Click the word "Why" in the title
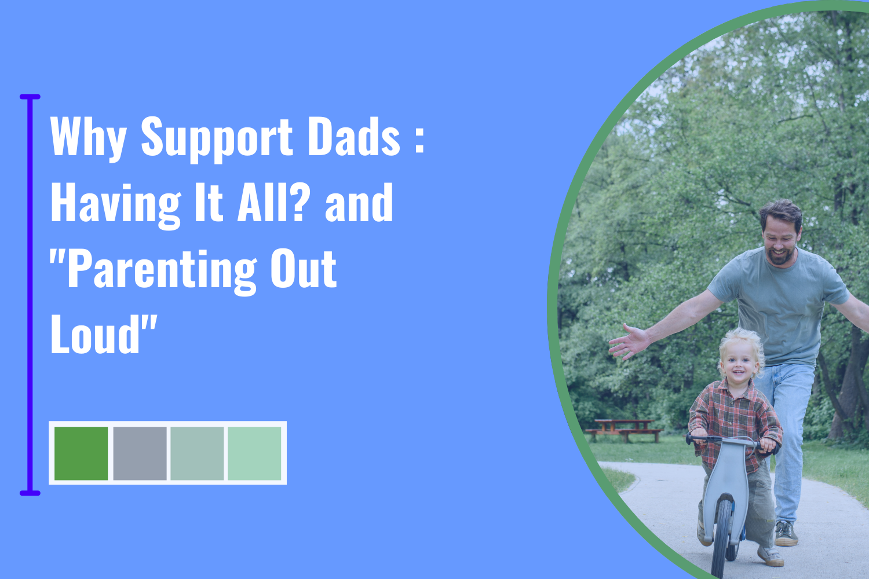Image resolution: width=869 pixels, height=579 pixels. pos(88,138)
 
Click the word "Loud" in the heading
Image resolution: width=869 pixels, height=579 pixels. pos(95,335)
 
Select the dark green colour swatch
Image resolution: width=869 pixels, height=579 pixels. pos(81,453)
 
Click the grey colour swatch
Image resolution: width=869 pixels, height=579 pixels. pos(140,453)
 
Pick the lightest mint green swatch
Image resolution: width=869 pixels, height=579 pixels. pos(254,453)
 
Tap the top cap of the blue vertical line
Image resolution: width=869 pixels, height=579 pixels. pos(30,97)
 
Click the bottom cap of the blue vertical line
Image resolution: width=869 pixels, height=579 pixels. pos(30,493)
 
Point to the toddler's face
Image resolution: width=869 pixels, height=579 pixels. pos(738,365)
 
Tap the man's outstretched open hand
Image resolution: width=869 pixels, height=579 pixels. pos(629,342)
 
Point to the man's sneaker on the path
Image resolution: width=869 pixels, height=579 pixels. pos(786,533)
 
